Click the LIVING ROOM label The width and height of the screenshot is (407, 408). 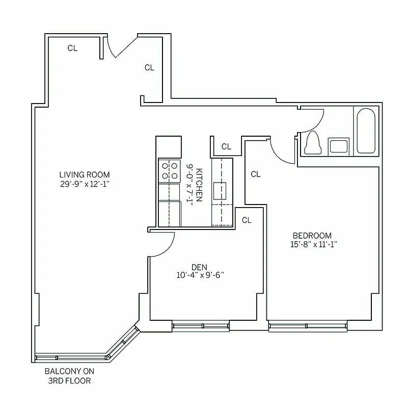(x=84, y=174)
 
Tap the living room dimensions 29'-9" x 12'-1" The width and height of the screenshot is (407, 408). (x=84, y=184)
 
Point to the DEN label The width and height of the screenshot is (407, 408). (x=199, y=266)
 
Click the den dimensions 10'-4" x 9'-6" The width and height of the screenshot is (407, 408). (x=199, y=275)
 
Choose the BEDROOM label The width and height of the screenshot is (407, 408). (x=312, y=235)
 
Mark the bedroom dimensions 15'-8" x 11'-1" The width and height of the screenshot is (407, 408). (x=312, y=244)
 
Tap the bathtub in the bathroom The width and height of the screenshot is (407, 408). (x=365, y=131)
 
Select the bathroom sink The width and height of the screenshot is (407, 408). (x=339, y=146)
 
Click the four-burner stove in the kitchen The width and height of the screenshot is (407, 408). (x=170, y=171)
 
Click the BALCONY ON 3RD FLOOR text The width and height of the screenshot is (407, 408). (x=70, y=376)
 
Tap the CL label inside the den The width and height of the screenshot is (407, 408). (x=247, y=220)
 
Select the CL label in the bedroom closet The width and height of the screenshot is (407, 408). (x=255, y=174)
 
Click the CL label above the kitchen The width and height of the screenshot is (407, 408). (x=226, y=146)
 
